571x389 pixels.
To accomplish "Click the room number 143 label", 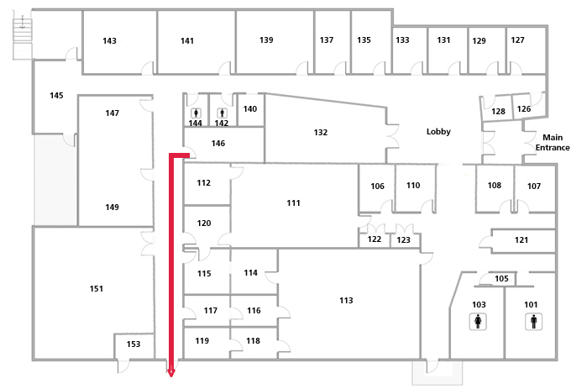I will [109, 41].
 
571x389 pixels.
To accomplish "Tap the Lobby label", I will [438, 132].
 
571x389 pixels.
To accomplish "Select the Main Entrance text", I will [553, 143].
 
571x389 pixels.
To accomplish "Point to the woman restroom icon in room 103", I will [479, 320].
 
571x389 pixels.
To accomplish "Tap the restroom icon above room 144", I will [196, 112].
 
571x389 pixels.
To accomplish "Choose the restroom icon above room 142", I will [222, 112].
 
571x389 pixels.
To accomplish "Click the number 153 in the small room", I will [134, 344].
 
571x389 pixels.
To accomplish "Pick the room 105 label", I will [501, 279].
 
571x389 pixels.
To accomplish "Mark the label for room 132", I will [320, 133].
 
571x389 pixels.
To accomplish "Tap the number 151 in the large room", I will [97, 289].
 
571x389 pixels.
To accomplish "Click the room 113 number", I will [346, 300].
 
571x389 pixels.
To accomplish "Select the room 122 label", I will [375, 240].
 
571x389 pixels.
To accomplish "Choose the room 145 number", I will [56, 96].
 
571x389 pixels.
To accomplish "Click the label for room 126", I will [523, 109].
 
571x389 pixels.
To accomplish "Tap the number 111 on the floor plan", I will [293, 203].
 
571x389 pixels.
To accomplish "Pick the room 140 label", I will [249, 109].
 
